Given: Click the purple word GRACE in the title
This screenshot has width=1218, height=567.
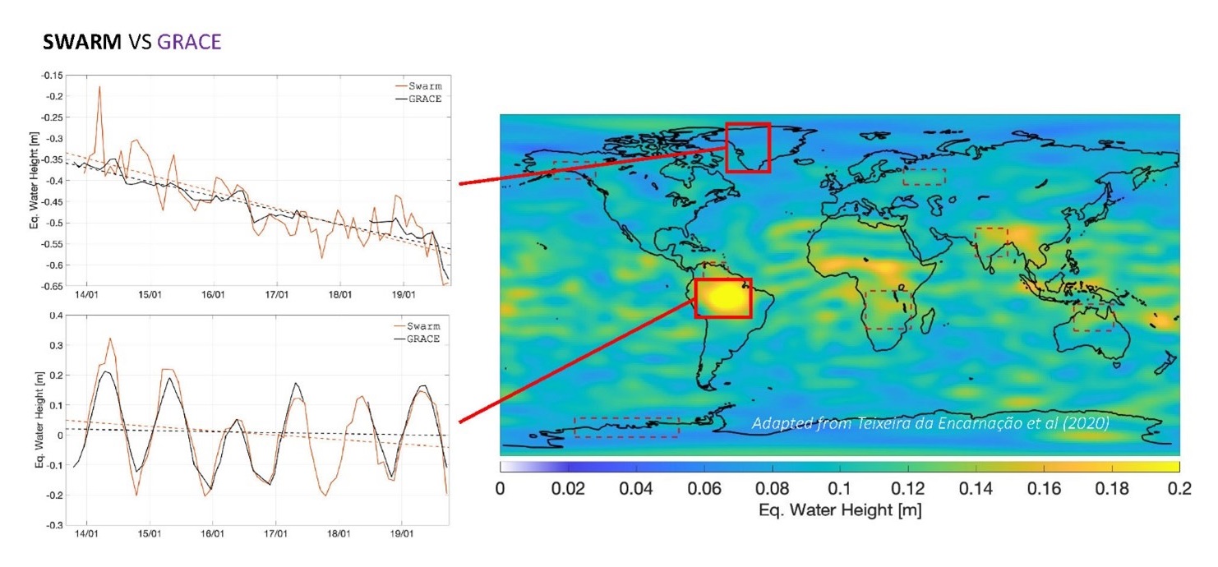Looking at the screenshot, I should tap(188, 42).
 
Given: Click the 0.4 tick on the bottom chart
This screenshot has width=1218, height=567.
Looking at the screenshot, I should tap(55, 315).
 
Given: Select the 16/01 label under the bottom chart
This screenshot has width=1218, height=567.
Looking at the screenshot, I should tap(213, 533).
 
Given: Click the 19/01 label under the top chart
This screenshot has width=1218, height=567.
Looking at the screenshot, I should tap(402, 293).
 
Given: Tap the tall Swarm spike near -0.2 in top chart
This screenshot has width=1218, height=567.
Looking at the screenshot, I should tap(99, 87).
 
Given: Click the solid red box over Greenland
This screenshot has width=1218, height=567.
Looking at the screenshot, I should tap(747, 147).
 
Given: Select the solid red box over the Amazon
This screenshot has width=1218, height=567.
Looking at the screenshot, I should tap(723, 297).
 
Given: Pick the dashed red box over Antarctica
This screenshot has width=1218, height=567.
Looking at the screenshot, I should tap(626, 426).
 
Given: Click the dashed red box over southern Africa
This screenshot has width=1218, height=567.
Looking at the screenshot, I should tap(888, 310).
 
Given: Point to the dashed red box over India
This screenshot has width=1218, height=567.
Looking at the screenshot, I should tap(991, 242).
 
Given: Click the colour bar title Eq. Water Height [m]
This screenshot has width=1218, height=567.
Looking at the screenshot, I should tap(839, 510).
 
